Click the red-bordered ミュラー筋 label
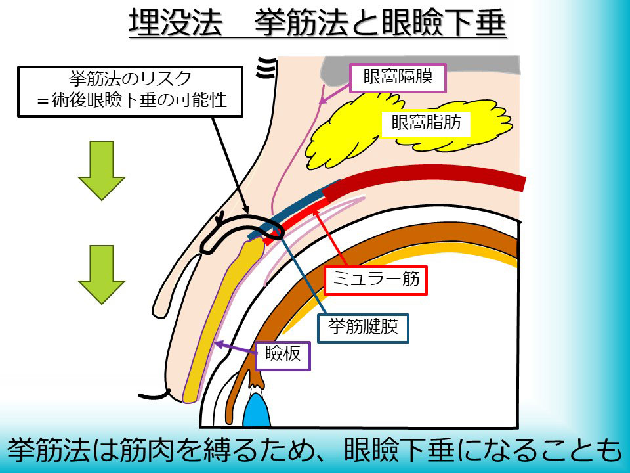pyautogui.click(x=376, y=281)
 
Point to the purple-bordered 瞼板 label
pyautogui.click(x=283, y=355)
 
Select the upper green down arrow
pyautogui.click(x=101, y=169)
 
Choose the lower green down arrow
pyautogui.click(x=101, y=274)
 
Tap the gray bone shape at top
pyautogui.click(x=420, y=66)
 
